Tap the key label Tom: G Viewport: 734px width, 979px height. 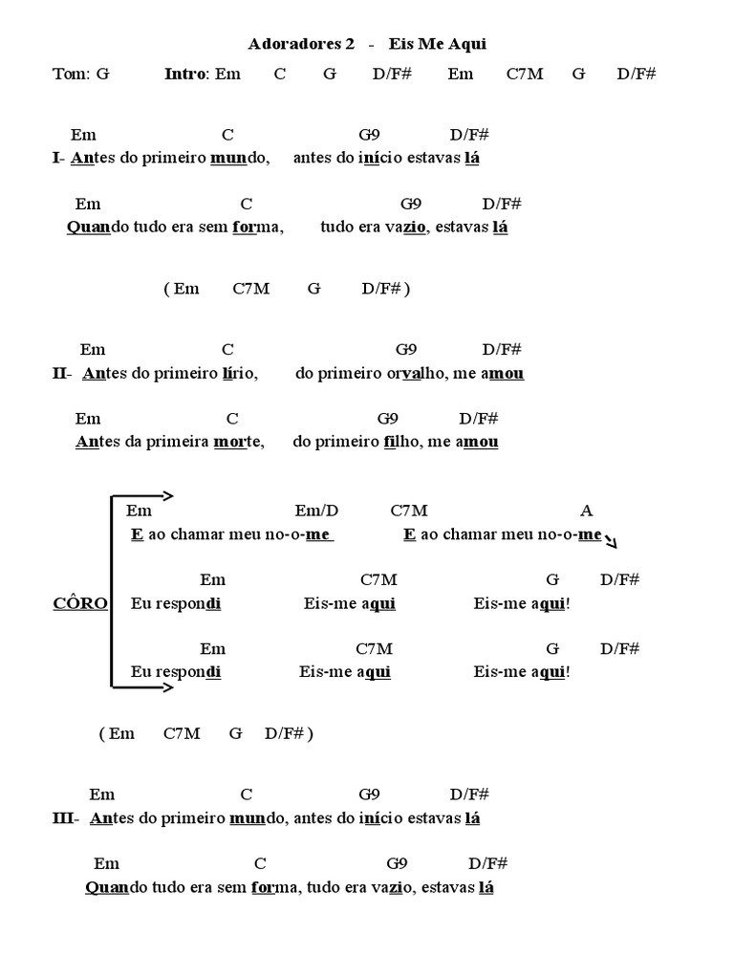point(81,74)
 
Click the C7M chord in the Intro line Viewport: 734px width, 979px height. point(524,74)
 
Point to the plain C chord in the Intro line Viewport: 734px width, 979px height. point(279,74)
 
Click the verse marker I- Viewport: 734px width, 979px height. point(59,158)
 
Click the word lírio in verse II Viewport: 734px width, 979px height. point(238,374)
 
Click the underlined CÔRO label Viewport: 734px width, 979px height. point(79,603)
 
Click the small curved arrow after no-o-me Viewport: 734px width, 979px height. point(611,541)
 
